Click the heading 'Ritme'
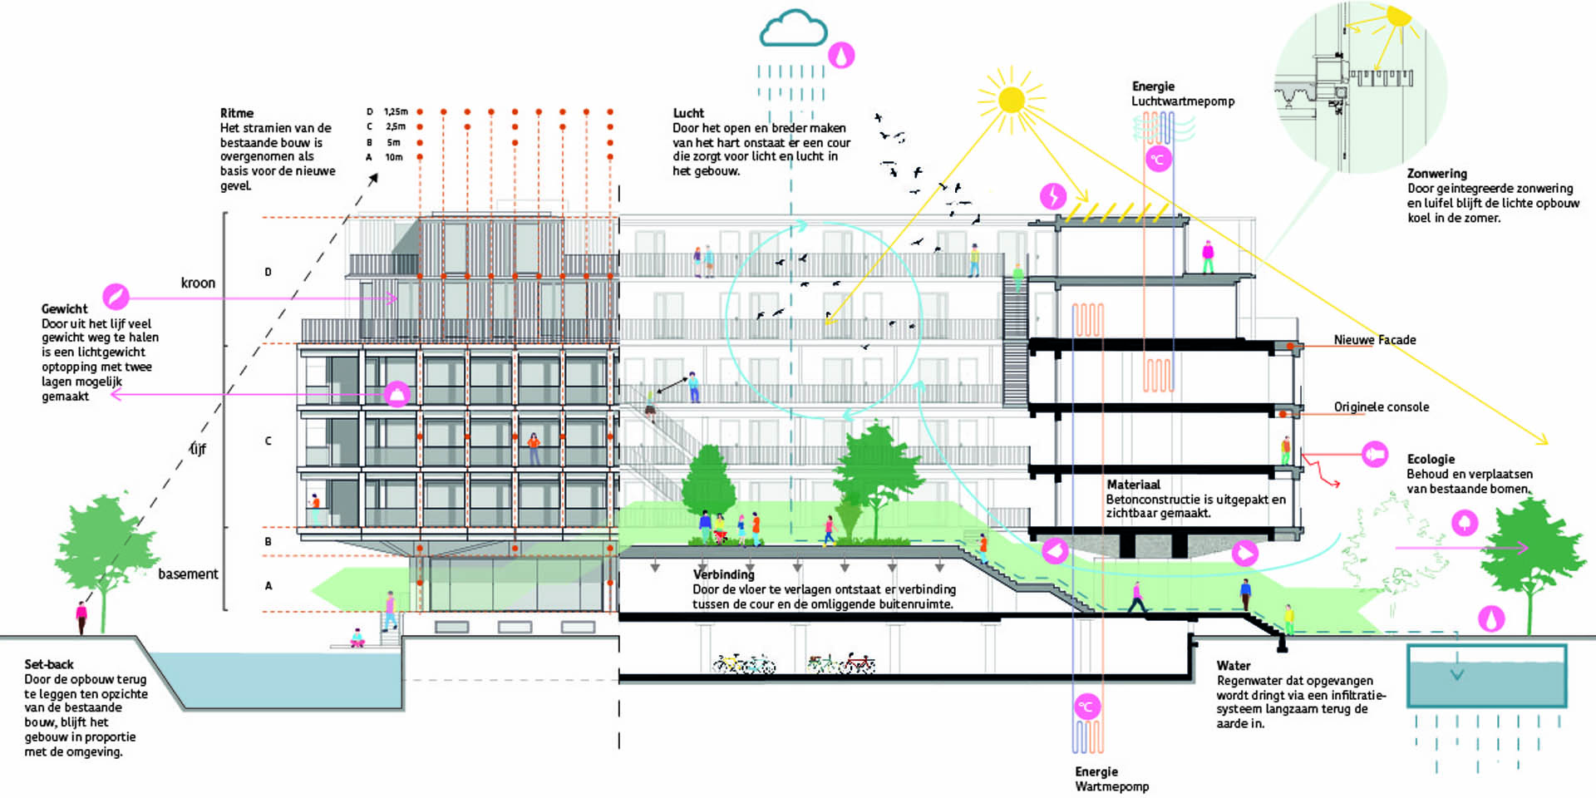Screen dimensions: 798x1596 pyautogui.click(x=237, y=113)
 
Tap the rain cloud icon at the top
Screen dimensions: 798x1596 pyautogui.click(x=793, y=30)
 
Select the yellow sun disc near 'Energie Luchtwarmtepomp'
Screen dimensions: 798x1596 pyautogui.click(x=1012, y=100)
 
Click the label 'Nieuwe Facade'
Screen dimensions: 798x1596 pyautogui.click(x=1374, y=340)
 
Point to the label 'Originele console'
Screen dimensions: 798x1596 pyautogui.click(x=1381, y=406)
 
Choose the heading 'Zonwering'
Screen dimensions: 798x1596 pyautogui.click(x=1436, y=174)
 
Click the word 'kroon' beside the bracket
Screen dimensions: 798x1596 pyautogui.click(x=198, y=283)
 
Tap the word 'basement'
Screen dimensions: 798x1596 pyautogui.click(x=188, y=574)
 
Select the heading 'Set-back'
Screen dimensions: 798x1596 pyautogui.click(x=49, y=664)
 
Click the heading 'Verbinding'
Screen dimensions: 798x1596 pyautogui.click(x=723, y=574)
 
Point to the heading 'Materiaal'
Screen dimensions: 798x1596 pyautogui.click(x=1133, y=485)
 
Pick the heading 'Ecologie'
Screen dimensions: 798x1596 pyautogui.click(x=1431, y=459)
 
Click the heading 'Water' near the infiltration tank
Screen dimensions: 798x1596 pyautogui.click(x=1234, y=666)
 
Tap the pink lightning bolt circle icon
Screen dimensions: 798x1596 pyautogui.click(x=1053, y=196)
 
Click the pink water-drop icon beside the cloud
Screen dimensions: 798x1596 pyautogui.click(x=841, y=56)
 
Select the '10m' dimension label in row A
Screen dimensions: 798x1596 pyautogui.click(x=393, y=157)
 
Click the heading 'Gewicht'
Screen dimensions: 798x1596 pyautogui.click(x=64, y=308)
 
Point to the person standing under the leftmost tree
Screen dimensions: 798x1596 pyautogui.click(x=81, y=618)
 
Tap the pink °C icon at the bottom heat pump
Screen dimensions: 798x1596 pyautogui.click(x=1086, y=707)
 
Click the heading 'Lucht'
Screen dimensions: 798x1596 pyautogui.click(x=688, y=113)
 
